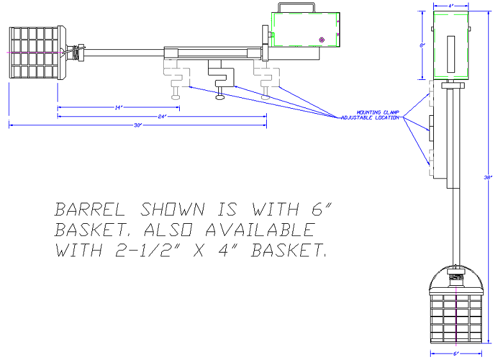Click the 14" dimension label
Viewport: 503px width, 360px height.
(118, 107)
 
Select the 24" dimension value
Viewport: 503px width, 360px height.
(162, 116)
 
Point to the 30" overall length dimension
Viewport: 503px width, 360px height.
(138, 125)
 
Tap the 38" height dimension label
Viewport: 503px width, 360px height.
(488, 178)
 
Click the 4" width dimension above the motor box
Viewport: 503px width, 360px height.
(451, 5)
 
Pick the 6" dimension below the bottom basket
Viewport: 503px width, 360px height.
(456, 353)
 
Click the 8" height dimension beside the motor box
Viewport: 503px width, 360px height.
(422, 45)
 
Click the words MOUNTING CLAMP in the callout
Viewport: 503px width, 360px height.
(375, 113)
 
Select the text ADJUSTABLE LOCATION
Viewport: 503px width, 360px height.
(370, 118)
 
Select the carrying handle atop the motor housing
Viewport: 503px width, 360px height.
(296, 7)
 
